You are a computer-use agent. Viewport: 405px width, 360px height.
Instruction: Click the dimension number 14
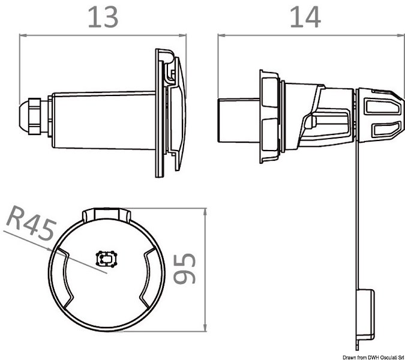pos(305,17)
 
